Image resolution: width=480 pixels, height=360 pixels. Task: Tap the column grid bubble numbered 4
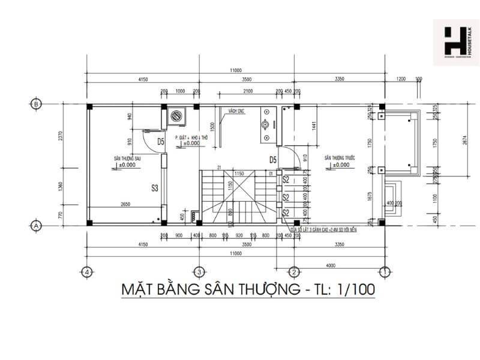(88, 271)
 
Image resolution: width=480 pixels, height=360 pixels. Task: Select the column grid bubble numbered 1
(384, 271)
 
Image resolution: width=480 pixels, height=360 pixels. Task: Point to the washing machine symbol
(176, 116)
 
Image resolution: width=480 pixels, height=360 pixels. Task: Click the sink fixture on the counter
(265, 127)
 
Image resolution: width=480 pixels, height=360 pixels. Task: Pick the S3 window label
(154, 188)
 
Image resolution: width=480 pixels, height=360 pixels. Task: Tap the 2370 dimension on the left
(60, 139)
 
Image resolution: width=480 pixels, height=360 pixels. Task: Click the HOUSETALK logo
(455, 43)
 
